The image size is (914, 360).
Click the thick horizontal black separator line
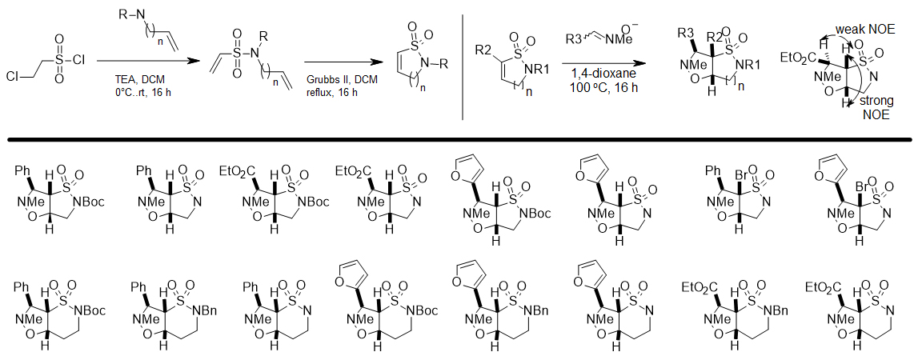click(456, 139)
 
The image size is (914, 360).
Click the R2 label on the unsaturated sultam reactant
click(482, 51)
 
